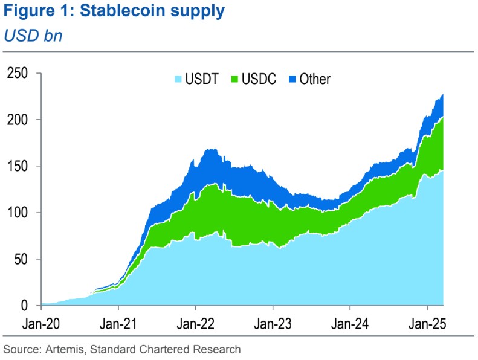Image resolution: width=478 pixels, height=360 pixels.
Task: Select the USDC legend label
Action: point(259,79)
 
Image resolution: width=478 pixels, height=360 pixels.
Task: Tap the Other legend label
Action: point(315,79)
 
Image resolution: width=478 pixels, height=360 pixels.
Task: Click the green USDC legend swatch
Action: point(234,79)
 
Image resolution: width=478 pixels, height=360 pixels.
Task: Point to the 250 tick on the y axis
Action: point(19,73)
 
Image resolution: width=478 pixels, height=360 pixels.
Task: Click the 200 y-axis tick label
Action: point(19,120)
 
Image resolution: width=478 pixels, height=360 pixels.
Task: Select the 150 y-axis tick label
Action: point(19,166)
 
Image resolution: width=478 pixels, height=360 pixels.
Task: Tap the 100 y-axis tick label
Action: point(19,213)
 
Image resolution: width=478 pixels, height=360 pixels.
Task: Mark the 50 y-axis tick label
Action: point(22,259)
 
